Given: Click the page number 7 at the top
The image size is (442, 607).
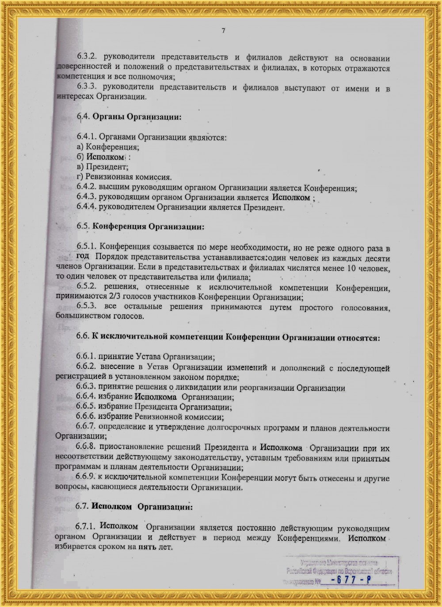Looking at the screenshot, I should point(223,30).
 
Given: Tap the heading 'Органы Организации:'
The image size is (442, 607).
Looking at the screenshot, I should point(137,117).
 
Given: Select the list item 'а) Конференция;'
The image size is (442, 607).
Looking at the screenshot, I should point(108,147).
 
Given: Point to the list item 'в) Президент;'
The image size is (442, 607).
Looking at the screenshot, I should point(103,167).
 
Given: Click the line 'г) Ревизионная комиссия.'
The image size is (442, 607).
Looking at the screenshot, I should point(124,177).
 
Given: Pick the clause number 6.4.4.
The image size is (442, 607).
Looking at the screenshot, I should point(86,207).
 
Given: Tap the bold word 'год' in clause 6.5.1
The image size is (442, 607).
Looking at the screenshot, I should point(83,256).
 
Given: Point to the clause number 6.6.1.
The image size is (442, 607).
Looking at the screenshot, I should point(86,357).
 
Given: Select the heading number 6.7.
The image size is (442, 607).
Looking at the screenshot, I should point(82,506).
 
